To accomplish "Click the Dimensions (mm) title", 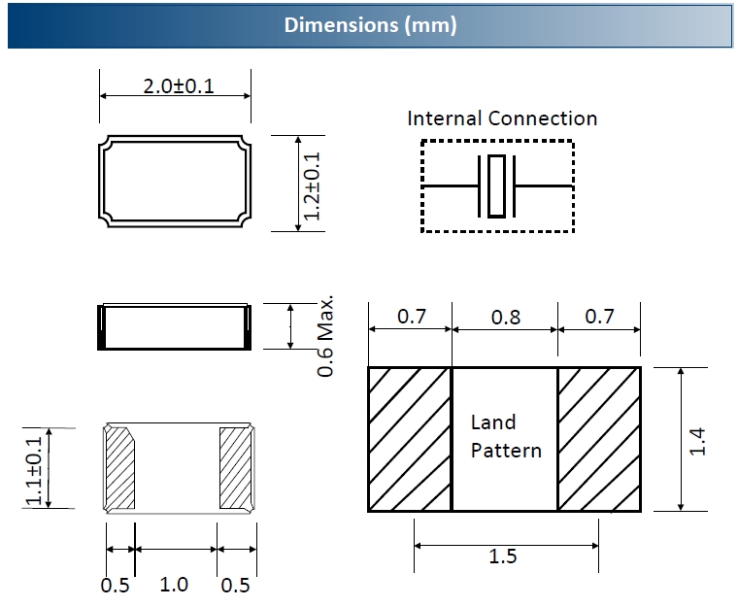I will pyautogui.click(x=369, y=25).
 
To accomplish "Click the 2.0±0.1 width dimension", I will pyautogui.click(x=179, y=85).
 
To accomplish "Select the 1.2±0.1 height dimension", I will pyautogui.click(x=313, y=184).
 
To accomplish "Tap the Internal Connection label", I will pyautogui.click(x=501, y=118).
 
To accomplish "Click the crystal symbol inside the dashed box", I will pyautogui.click(x=496, y=185).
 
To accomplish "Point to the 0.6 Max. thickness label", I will pyautogui.click(x=327, y=335).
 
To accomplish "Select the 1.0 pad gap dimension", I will pyautogui.click(x=174, y=585).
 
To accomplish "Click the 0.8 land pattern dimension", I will pyautogui.click(x=506, y=317).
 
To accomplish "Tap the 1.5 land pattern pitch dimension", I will pyautogui.click(x=504, y=556).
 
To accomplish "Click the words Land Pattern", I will pyautogui.click(x=506, y=436).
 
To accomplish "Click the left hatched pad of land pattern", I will pyautogui.click(x=410, y=439).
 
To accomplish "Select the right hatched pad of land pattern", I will pyautogui.click(x=599, y=439).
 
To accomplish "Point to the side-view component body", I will pyautogui.click(x=176, y=326).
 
